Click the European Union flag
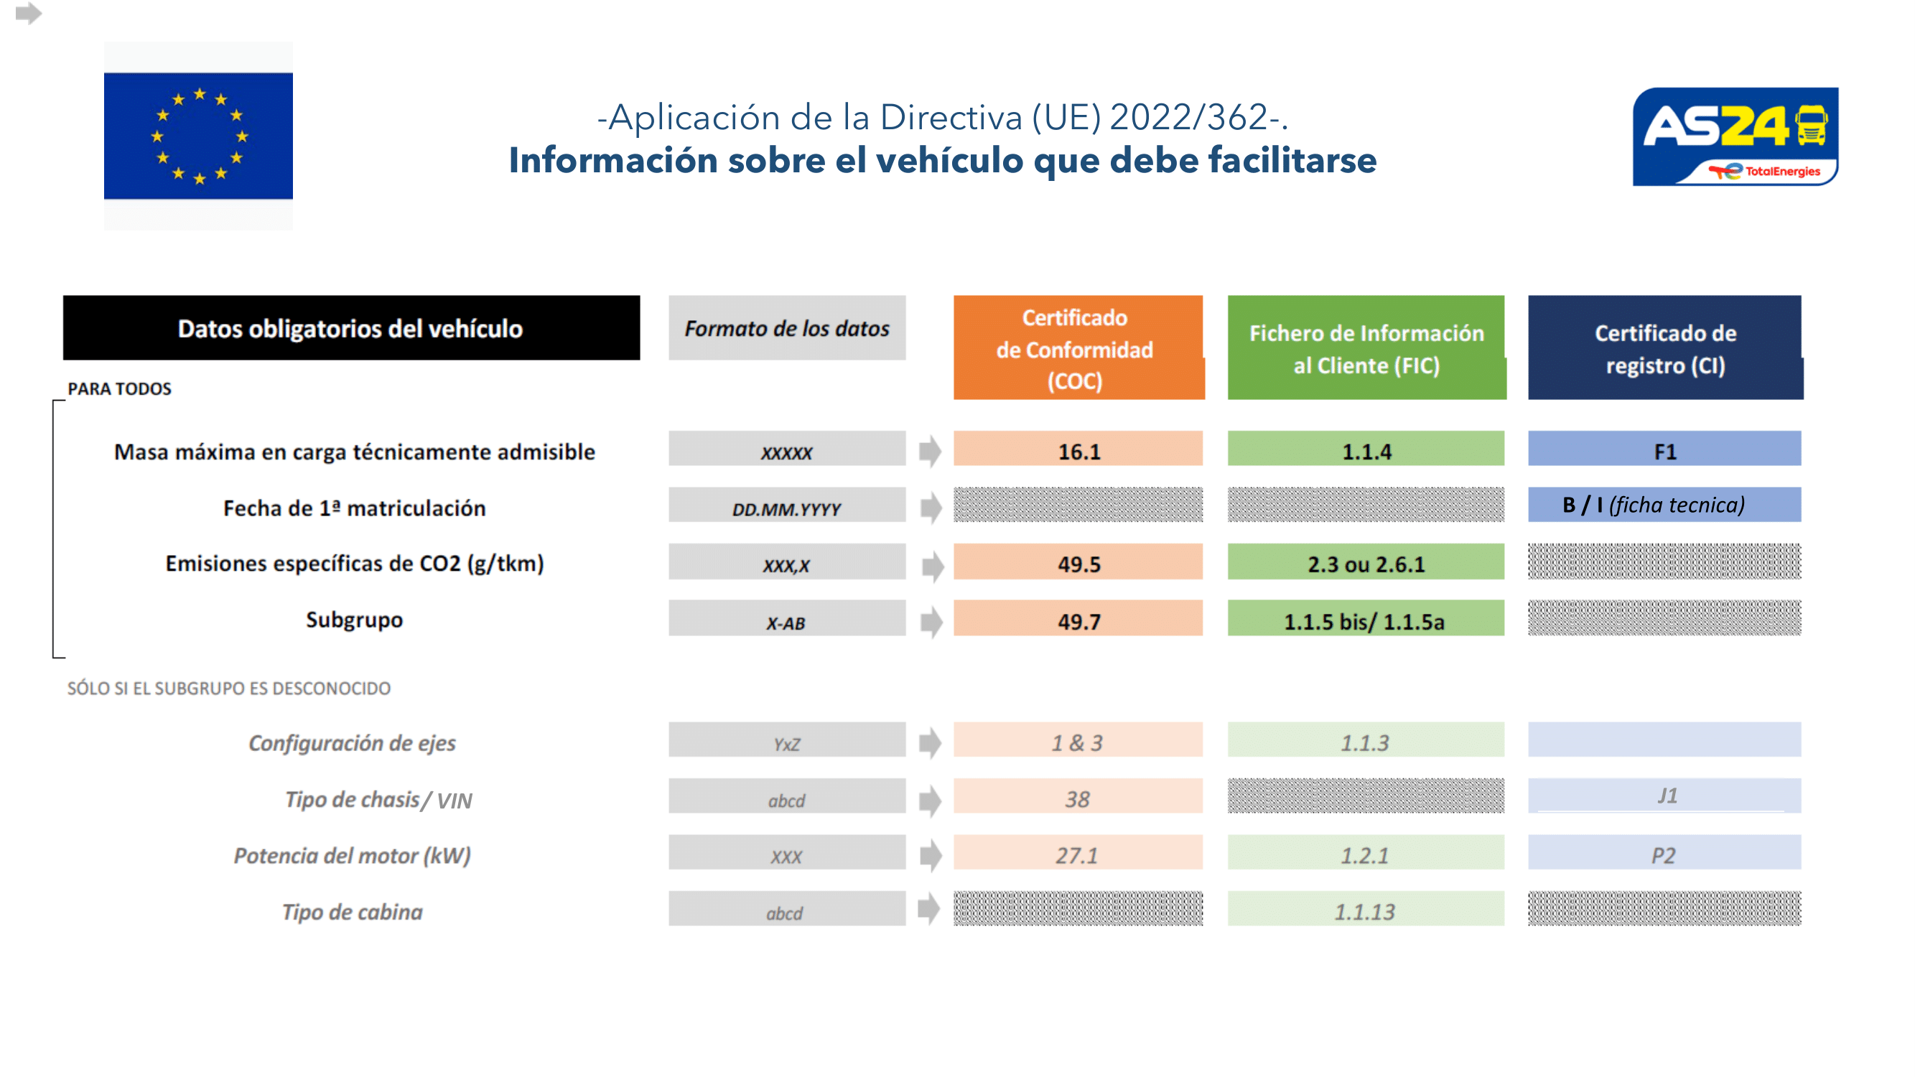point(197,136)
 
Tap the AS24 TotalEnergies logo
point(1734,136)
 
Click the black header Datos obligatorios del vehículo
point(351,328)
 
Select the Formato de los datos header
point(786,328)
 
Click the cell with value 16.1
point(1078,450)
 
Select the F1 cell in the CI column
point(1664,450)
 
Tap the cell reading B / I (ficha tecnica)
point(1664,505)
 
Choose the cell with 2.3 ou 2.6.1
point(1366,564)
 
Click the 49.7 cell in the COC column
point(1078,620)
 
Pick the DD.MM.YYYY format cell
point(786,508)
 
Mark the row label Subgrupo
point(354,620)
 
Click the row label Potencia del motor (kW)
point(353,854)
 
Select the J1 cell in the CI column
point(1664,796)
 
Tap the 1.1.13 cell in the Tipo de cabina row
point(1366,910)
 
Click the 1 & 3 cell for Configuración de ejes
point(1078,742)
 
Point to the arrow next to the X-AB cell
point(931,621)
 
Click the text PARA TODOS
point(119,388)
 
